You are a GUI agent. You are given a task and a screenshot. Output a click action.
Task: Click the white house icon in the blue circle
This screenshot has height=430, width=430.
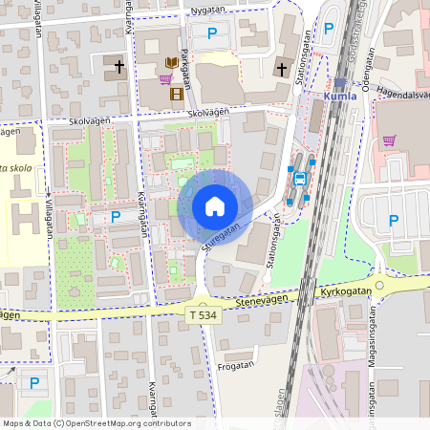coord(215,206)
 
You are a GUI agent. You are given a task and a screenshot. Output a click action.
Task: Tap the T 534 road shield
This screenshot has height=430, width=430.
coord(204,314)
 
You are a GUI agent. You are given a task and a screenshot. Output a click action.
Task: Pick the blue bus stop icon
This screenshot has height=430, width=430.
coord(300,177)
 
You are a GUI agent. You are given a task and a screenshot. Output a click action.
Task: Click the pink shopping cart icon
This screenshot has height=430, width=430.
coord(389,140)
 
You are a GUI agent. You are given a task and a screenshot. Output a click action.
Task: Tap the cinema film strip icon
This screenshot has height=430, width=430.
coord(175,94)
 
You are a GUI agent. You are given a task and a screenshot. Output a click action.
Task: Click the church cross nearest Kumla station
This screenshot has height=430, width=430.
coord(281,69)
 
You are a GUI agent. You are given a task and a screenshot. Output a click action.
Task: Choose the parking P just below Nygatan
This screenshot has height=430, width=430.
coord(212,32)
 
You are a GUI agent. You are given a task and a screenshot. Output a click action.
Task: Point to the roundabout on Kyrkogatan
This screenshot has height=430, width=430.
coord(381,285)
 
